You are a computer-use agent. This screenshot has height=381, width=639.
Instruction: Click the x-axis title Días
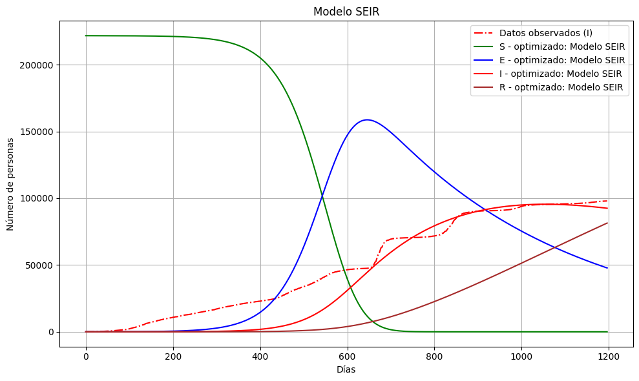click(346, 370)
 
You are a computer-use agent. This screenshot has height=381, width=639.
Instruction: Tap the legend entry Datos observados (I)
click(545, 33)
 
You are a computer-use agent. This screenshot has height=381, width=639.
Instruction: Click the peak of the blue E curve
click(367, 119)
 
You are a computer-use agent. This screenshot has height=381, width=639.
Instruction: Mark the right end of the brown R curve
click(607, 223)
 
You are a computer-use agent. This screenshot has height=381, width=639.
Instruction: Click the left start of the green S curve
click(86, 36)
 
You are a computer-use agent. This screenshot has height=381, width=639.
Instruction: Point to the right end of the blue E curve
click(607, 268)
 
